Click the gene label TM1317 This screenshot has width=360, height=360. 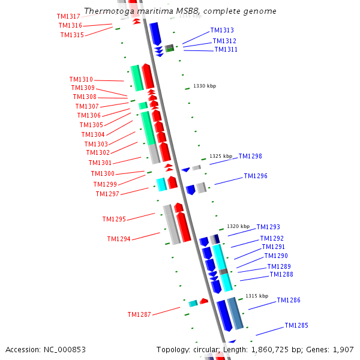68,16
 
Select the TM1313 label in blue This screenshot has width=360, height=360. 222,31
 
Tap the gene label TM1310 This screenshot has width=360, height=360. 81,79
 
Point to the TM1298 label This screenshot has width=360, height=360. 250,156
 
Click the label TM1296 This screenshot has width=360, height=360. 256,176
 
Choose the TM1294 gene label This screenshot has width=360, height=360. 119,239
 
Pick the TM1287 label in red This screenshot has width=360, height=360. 139,314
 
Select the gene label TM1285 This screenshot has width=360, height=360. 296,326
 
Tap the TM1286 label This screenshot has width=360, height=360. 289,300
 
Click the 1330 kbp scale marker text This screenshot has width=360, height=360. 205,86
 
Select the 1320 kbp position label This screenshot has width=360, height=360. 236,227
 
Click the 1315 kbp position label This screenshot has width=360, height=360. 256,296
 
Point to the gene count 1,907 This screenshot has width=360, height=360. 343,349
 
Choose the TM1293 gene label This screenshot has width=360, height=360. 268,227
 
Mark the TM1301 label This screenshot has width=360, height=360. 100,163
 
